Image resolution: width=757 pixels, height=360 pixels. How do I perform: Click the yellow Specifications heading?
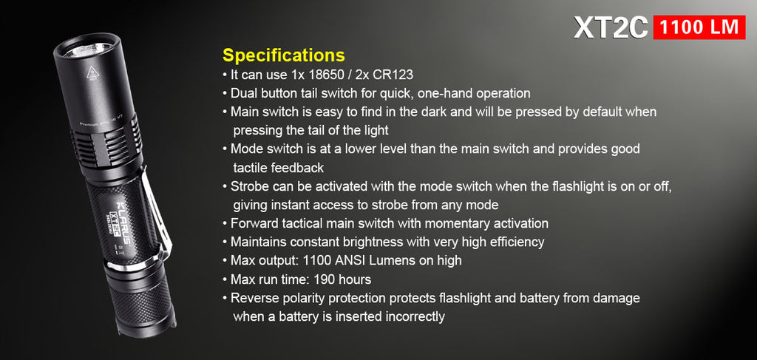(x=283, y=55)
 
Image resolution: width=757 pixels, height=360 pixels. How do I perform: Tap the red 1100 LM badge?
(x=699, y=27)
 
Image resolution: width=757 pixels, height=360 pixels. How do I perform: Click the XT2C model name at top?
(x=611, y=27)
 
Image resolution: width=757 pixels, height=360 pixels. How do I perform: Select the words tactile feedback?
(x=279, y=168)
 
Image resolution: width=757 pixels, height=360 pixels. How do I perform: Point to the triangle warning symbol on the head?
(x=93, y=73)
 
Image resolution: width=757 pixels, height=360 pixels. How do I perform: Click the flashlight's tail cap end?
(x=147, y=329)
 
